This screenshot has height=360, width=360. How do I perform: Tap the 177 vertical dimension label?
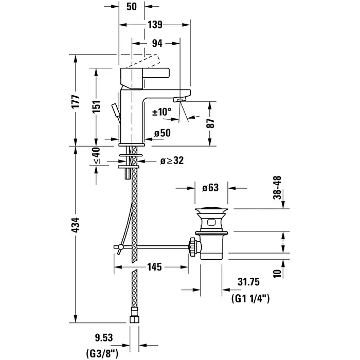[x=76, y=101]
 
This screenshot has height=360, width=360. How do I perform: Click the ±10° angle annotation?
[x=162, y=112]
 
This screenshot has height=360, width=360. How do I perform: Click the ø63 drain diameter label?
[x=211, y=188]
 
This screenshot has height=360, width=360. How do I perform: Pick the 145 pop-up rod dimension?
[x=154, y=267]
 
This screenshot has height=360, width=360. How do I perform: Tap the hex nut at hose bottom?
[x=135, y=315]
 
